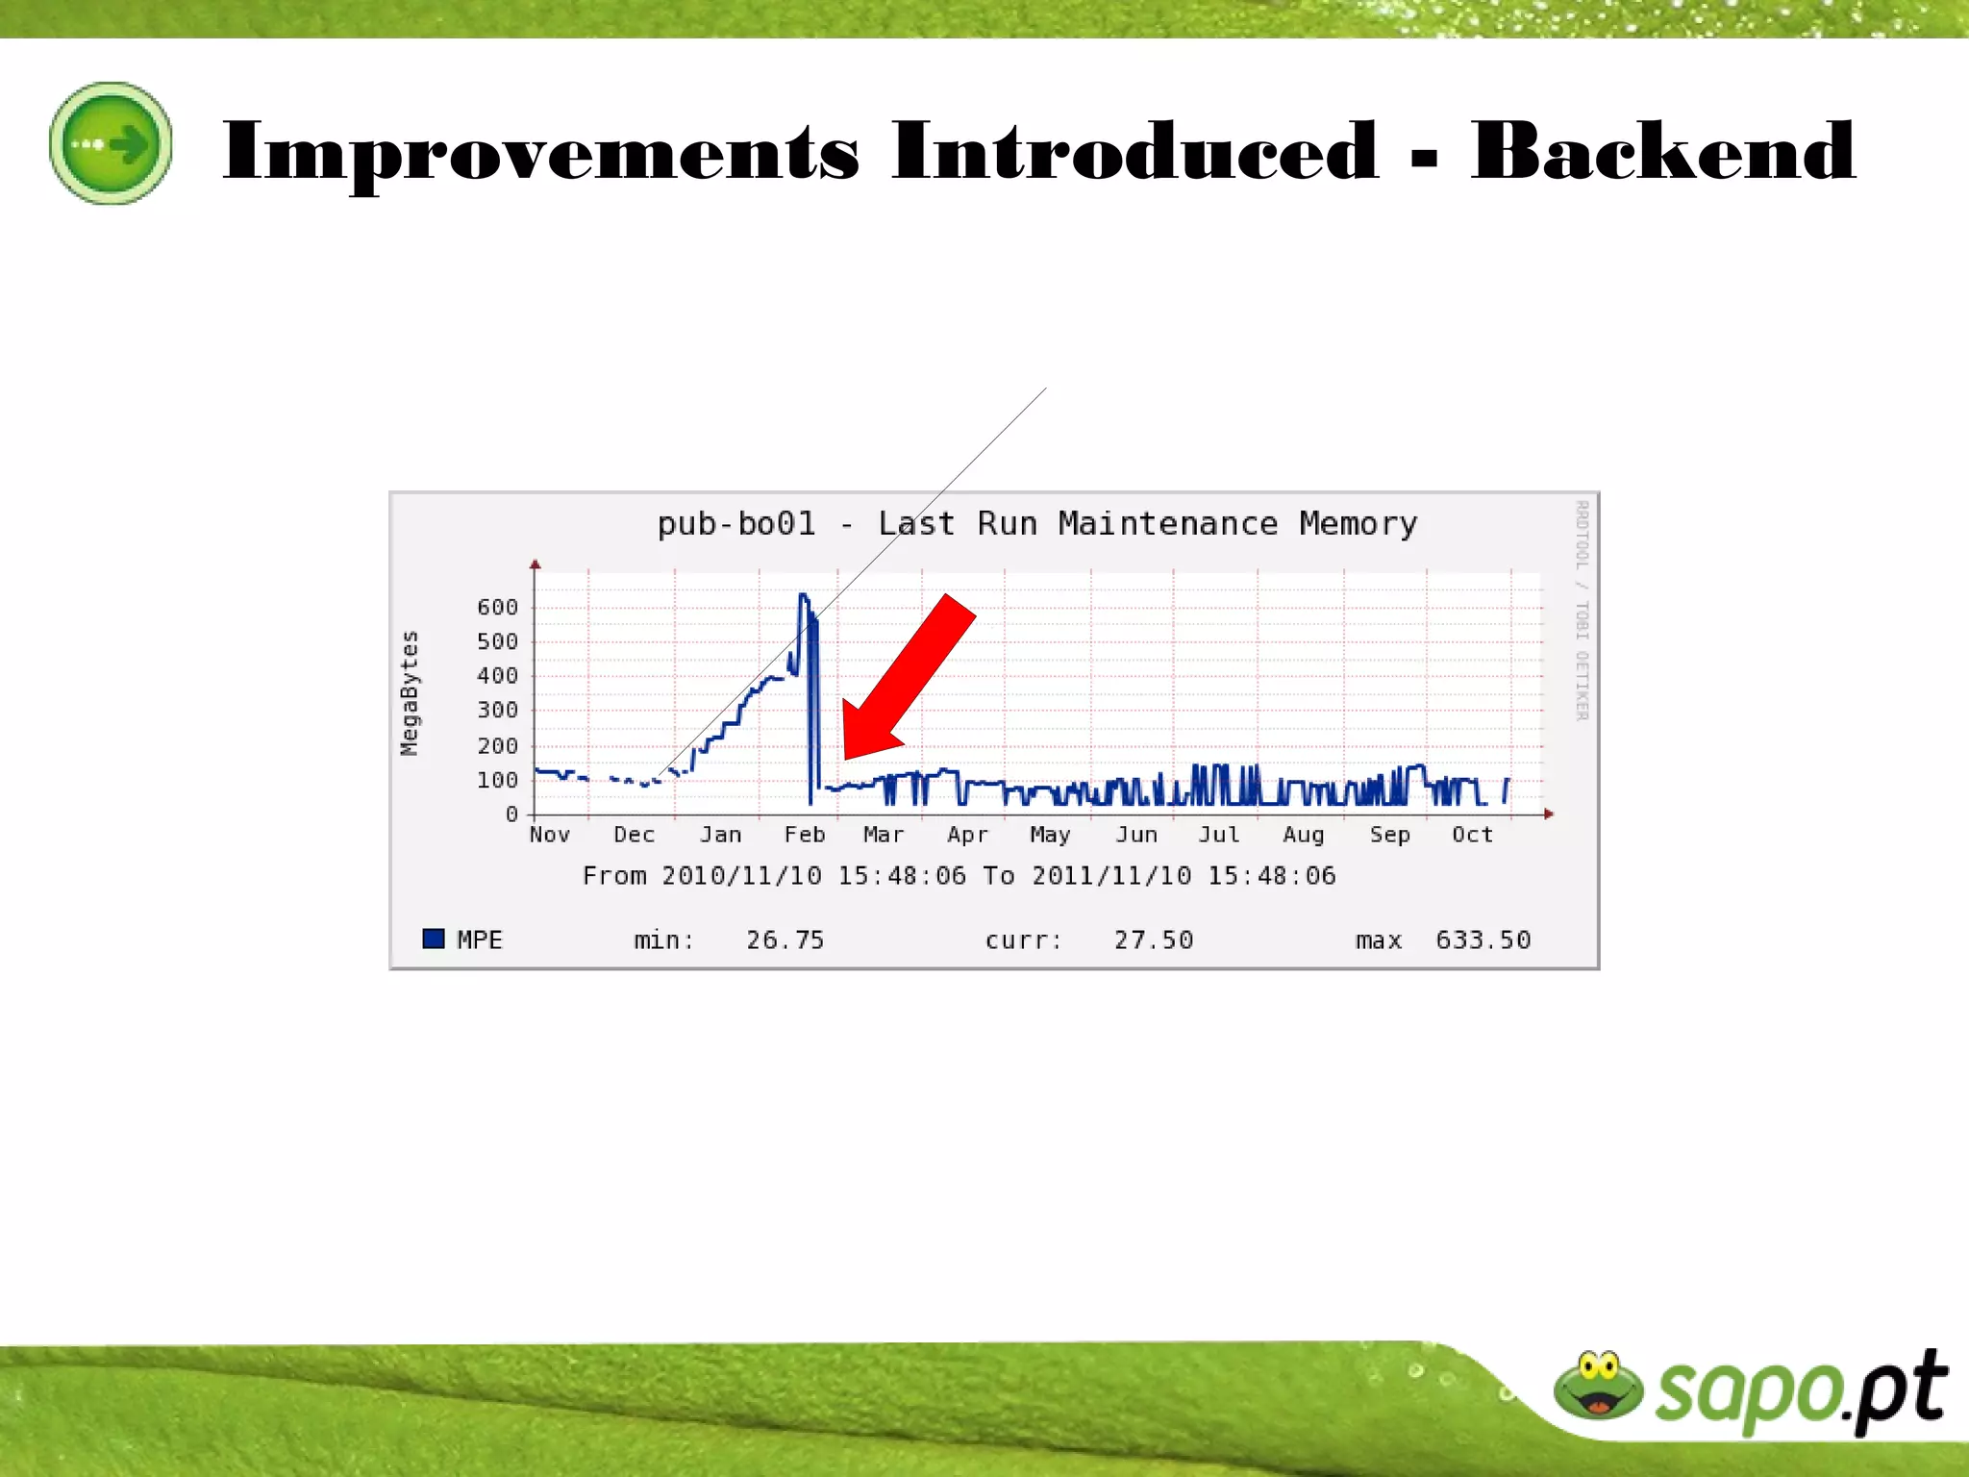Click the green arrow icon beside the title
pos(111,143)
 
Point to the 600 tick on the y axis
pos(497,608)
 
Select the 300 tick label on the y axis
pos(497,711)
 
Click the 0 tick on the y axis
pos(511,814)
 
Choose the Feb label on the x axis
pos(804,835)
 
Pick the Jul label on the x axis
pos(1218,835)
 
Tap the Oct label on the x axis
pos(1472,835)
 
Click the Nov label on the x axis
pos(549,835)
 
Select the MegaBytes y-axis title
pos(410,692)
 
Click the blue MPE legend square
pos(434,939)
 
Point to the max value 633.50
pos(1483,939)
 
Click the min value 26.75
pos(785,939)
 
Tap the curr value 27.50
pos(1153,939)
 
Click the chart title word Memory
pos(1358,524)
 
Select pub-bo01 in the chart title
pos(735,524)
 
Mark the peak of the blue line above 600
pos(804,596)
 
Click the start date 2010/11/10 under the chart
pos(741,876)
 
